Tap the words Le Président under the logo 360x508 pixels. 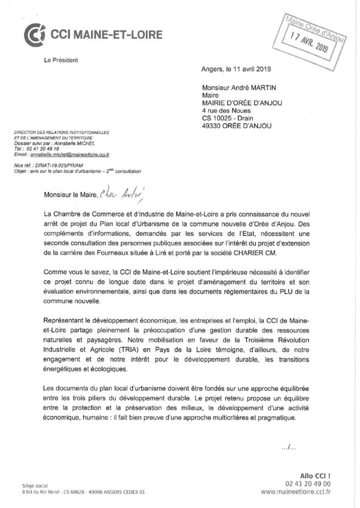tap(60, 60)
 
